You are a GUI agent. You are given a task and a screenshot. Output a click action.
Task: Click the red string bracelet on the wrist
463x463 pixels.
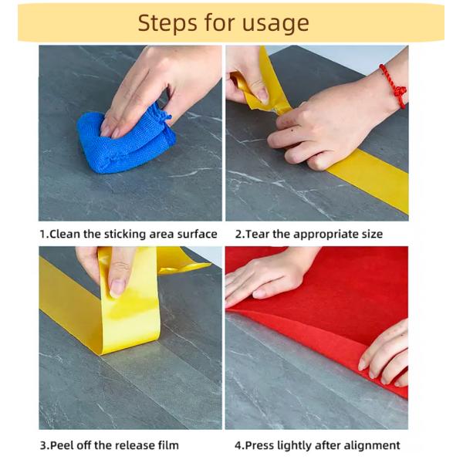(394, 86)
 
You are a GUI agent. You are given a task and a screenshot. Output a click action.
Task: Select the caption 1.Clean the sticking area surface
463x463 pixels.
(129, 233)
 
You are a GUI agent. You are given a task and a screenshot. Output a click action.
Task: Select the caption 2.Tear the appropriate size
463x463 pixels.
(309, 233)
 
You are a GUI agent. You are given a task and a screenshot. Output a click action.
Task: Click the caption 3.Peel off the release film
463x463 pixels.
(109, 444)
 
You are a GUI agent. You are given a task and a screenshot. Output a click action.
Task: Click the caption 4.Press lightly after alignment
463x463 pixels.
(317, 444)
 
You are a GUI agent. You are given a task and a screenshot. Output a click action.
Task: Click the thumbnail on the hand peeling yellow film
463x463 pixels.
(117, 287)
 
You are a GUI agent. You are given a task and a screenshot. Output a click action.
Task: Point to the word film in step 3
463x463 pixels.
(167, 444)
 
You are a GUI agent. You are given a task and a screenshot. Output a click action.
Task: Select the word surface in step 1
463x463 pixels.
(198, 233)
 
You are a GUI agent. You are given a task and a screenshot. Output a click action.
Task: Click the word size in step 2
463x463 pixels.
(370, 233)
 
